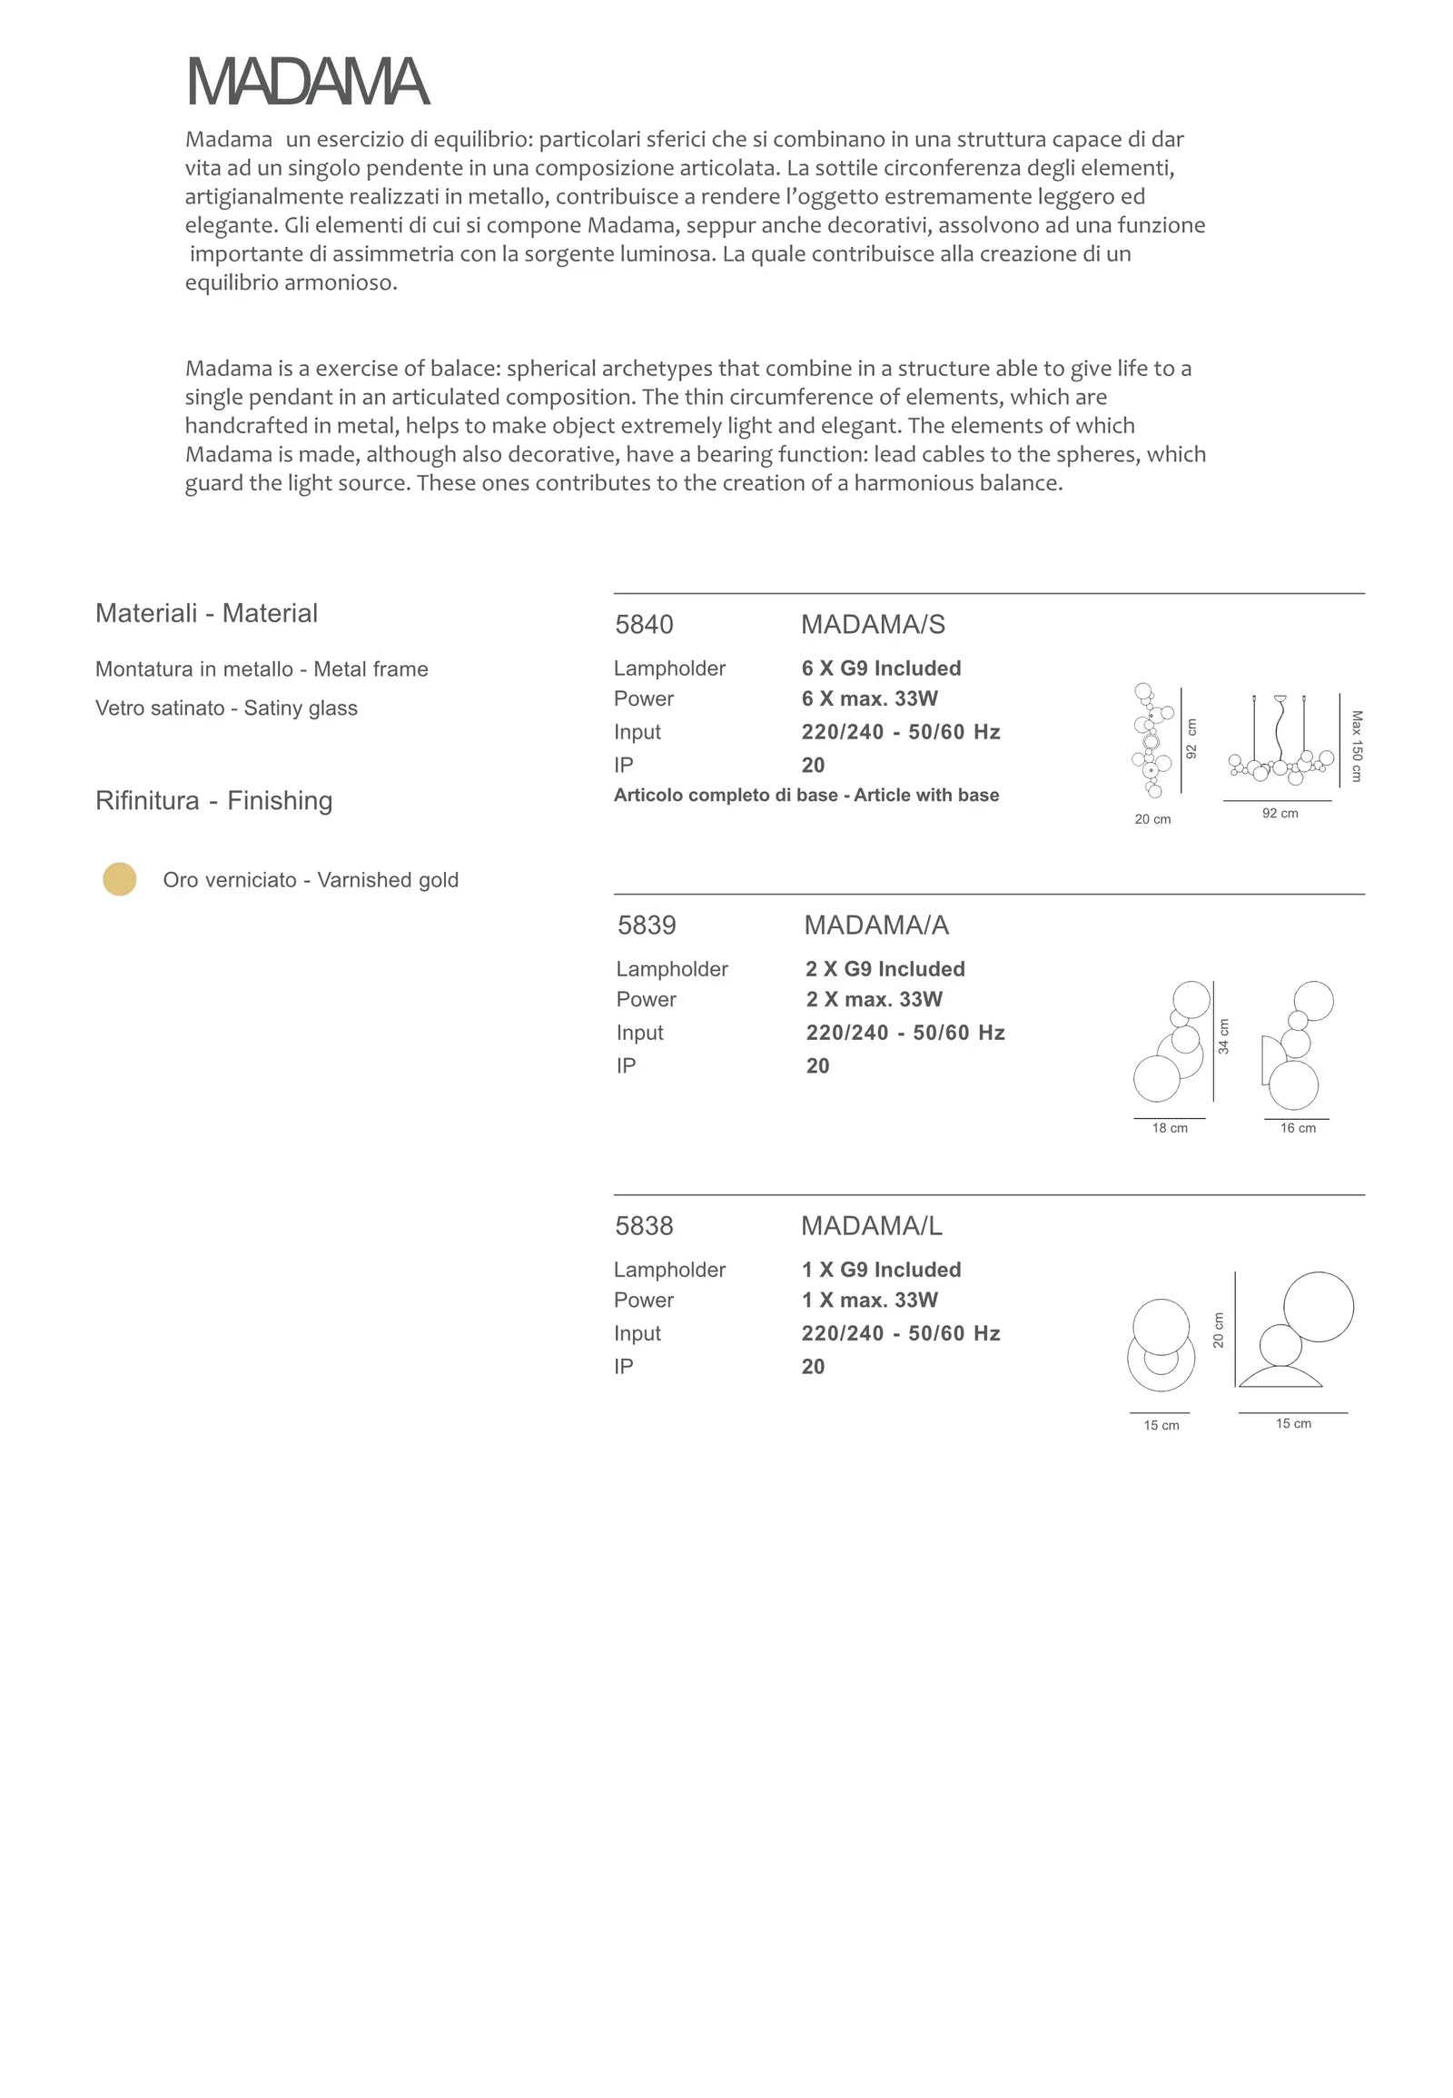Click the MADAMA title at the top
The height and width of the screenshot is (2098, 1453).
click(308, 82)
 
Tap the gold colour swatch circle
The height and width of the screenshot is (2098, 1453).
click(119, 879)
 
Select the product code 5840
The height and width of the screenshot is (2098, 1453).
click(644, 625)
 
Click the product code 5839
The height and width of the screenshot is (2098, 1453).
click(647, 925)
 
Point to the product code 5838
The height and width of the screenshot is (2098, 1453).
click(644, 1226)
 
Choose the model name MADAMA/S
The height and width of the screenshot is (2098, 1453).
click(872, 625)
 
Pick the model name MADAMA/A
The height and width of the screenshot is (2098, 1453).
click(875, 925)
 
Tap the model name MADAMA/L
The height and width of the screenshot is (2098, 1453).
click(871, 1226)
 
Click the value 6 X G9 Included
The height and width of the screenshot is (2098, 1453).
click(880, 668)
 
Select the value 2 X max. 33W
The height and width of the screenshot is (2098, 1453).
click(873, 999)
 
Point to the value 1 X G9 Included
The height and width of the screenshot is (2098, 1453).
click(880, 1270)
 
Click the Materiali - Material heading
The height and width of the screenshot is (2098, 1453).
click(207, 613)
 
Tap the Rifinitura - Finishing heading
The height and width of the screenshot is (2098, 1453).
click(214, 800)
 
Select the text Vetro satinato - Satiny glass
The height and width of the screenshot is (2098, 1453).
click(227, 708)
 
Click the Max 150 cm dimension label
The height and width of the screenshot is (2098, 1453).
click(1357, 746)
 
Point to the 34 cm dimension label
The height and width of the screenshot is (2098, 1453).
click(1223, 1036)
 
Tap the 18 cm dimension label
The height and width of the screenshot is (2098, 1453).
click(1170, 1128)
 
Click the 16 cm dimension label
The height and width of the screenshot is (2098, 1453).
click(1298, 1128)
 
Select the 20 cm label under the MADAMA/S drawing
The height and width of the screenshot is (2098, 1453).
click(1152, 819)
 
